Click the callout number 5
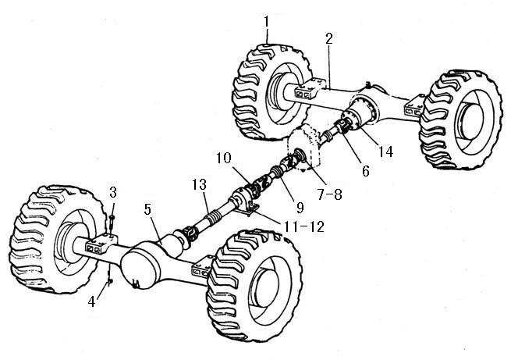pos(150,209)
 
